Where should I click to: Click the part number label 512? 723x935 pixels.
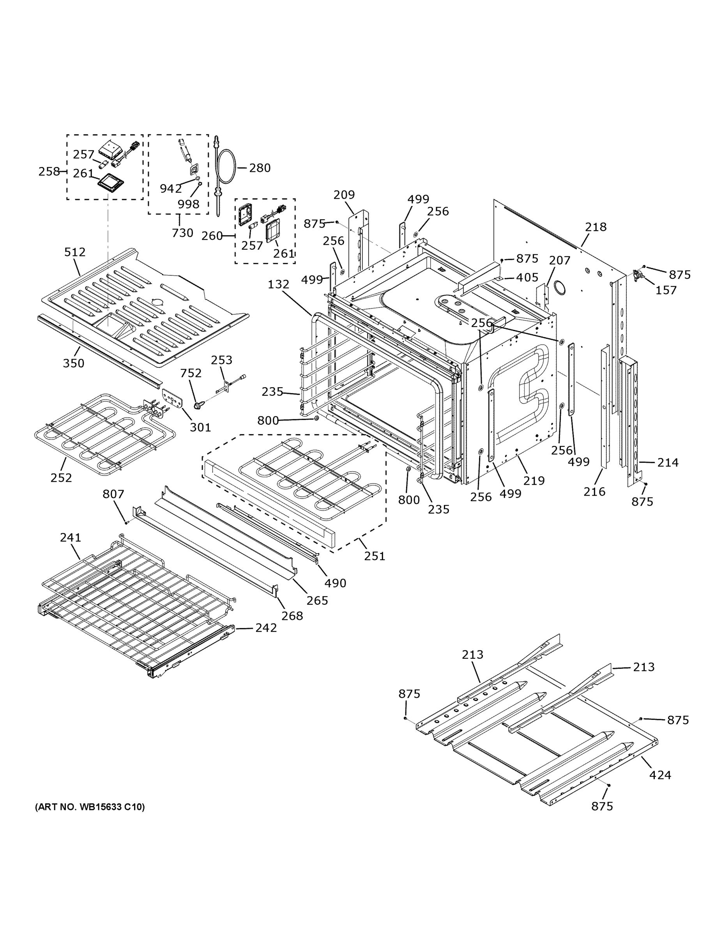click(x=75, y=252)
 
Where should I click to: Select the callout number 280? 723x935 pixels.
click(x=260, y=168)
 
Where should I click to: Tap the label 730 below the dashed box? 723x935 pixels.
click(x=182, y=233)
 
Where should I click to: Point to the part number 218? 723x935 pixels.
click(x=596, y=227)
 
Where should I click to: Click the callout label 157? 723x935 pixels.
click(x=666, y=290)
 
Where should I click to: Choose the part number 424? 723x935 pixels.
click(x=660, y=775)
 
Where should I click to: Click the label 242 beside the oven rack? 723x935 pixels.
click(x=266, y=628)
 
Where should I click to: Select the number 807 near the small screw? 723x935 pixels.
click(x=113, y=494)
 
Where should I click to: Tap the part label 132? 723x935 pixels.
click(x=278, y=284)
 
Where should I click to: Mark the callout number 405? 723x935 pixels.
click(x=527, y=277)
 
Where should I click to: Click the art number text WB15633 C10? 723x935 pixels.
click(x=90, y=807)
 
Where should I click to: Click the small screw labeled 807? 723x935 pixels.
click(x=126, y=522)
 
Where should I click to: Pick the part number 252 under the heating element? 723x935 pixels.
click(x=61, y=478)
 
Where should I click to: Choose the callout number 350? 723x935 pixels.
click(x=74, y=363)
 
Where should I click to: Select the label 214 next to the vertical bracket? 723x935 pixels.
click(x=668, y=462)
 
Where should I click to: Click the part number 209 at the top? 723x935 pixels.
click(x=344, y=195)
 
